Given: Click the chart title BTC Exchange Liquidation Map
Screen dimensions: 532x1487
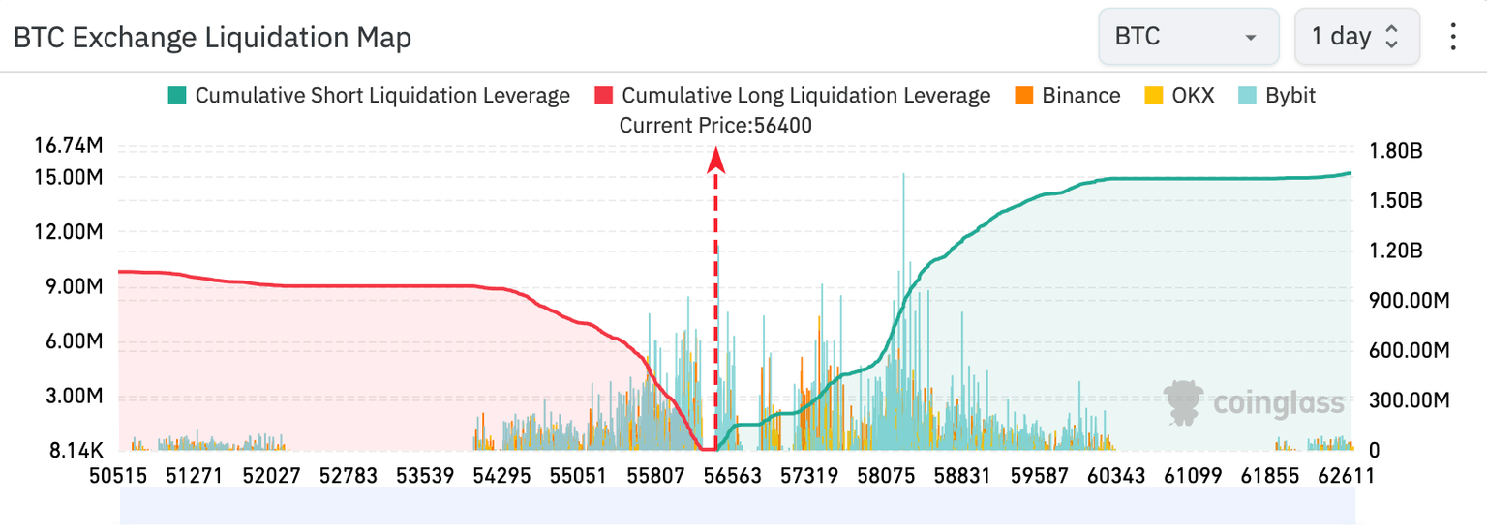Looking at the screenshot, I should (212, 38).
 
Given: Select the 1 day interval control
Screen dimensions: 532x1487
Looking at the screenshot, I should (1355, 38).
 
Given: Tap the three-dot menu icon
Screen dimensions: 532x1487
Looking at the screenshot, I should (1452, 38).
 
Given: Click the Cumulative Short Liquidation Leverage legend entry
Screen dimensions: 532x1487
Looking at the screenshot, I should (369, 96).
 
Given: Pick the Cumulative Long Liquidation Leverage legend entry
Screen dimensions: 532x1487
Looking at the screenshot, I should (793, 96).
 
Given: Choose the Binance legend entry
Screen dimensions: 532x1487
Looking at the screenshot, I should (1068, 96).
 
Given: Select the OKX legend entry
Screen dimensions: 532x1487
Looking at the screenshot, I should (1181, 96).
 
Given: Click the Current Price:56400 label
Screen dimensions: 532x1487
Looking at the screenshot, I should (715, 125).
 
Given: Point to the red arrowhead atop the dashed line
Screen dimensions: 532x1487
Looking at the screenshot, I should (715, 157).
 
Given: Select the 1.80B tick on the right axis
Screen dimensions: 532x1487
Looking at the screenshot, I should (1395, 152).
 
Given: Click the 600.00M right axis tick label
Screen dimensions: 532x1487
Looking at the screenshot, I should (1409, 350).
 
